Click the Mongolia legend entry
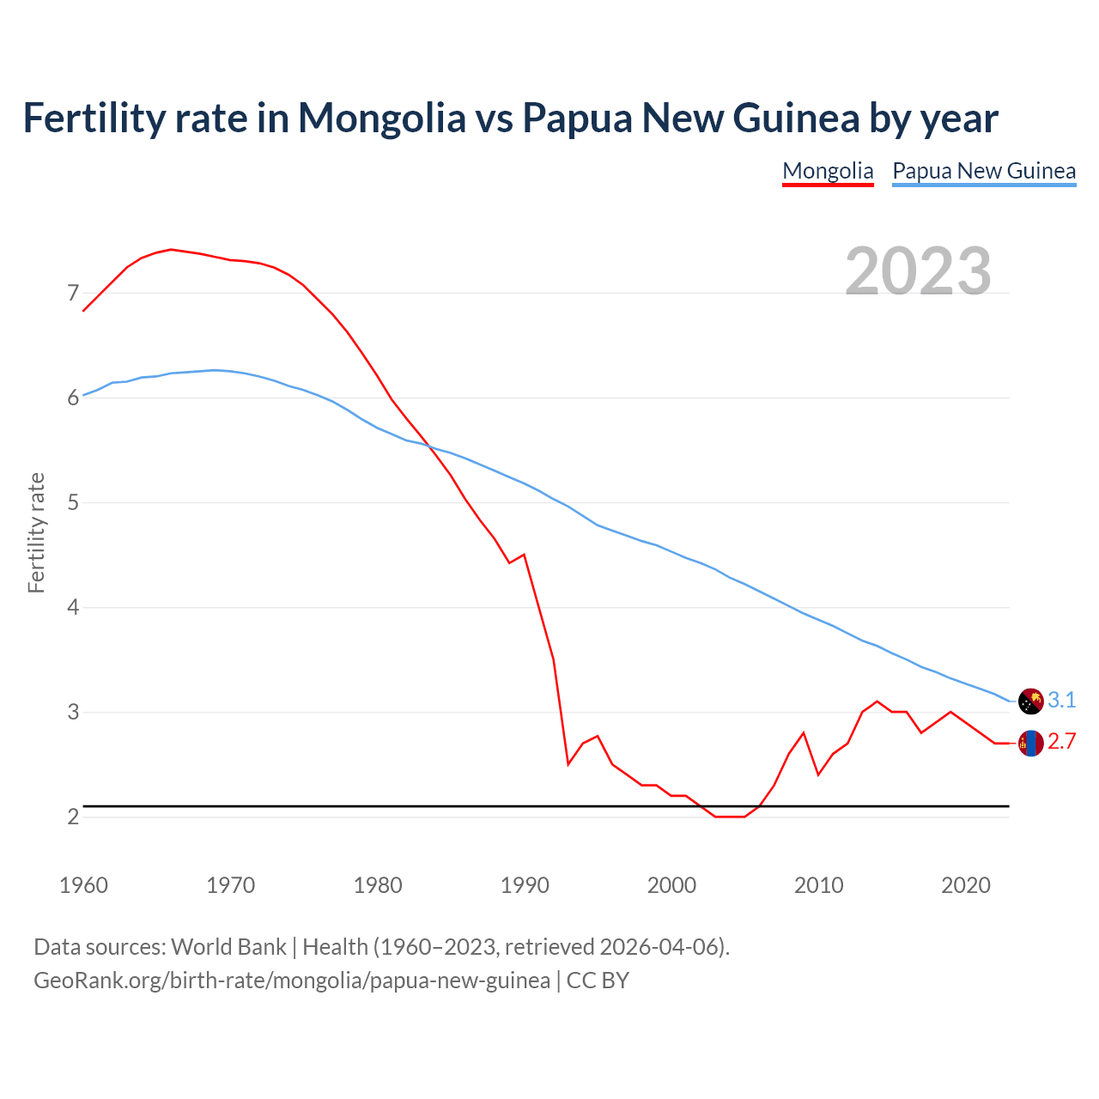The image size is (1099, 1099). click(828, 171)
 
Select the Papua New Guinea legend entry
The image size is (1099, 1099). click(984, 171)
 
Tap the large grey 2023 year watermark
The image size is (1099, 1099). click(918, 271)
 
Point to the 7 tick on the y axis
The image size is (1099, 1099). click(73, 294)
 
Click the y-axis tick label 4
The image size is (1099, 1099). click(73, 608)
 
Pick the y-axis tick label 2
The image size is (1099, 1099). click(73, 817)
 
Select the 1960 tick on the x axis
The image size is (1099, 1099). click(83, 885)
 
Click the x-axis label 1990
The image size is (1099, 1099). click(525, 885)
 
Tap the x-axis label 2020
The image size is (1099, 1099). click(966, 885)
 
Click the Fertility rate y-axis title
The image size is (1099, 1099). click(36, 532)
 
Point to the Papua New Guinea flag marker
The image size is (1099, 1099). click(1030, 701)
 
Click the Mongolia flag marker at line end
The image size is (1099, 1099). click(1030, 743)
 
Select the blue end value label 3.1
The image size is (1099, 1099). click(1062, 701)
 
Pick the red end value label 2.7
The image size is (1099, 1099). click(1062, 742)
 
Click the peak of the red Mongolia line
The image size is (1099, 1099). click(171, 249)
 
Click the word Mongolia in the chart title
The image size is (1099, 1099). click(381, 118)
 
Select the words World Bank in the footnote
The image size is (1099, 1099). click(228, 947)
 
